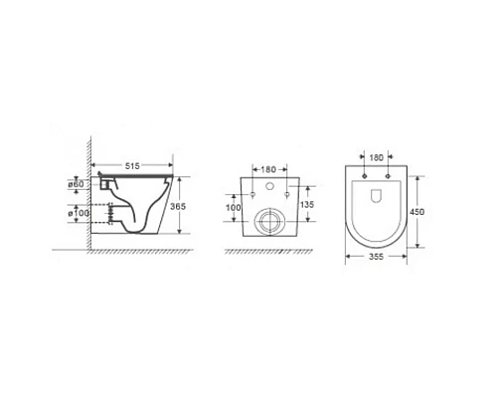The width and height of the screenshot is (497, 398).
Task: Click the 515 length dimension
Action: [132, 165]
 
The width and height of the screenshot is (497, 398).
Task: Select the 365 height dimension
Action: [178, 207]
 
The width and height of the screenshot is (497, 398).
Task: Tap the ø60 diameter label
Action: [77, 184]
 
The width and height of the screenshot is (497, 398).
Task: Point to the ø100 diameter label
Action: [79, 213]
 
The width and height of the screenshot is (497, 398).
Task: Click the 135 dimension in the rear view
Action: [306, 204]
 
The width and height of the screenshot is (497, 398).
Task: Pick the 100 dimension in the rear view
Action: [234, 208]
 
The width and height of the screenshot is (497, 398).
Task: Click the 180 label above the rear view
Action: [268, 169]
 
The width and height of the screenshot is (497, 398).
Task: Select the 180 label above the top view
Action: [376, 157]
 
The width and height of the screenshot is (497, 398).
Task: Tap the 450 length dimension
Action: [416, 212]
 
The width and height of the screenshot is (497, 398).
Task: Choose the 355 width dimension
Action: [376, 257]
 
